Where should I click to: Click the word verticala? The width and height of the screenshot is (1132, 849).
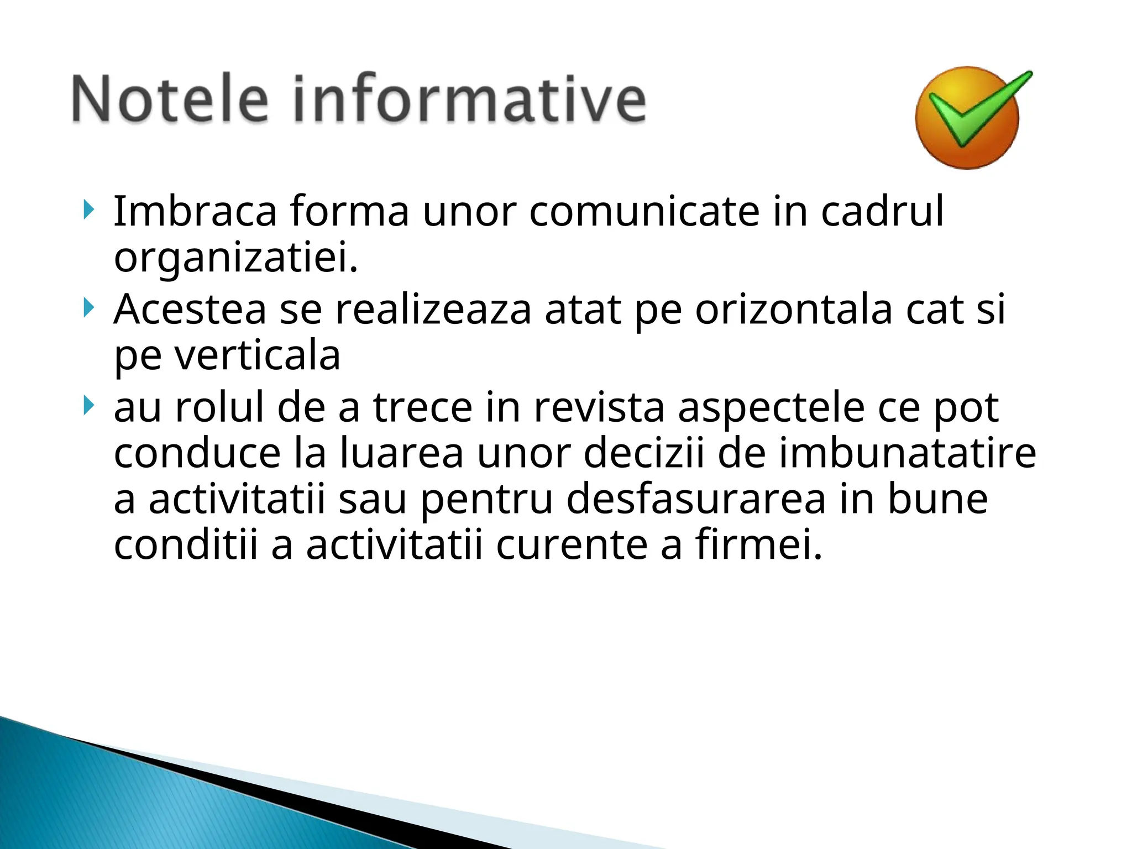(x=258, y=356)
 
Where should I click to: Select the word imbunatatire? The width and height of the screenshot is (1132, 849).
(x=907, y=454)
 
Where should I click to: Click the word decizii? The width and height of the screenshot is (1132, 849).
(x=644, y=454)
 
